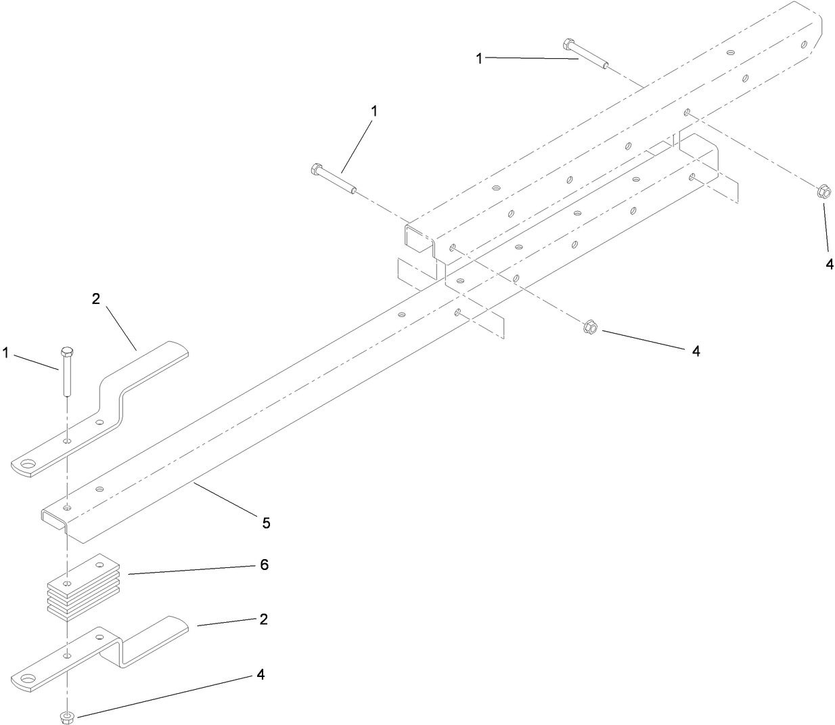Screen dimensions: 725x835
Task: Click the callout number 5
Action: click(x=266, y=523)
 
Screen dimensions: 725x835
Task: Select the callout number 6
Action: click(x=264, y=565)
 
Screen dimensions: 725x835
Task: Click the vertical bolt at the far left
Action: click(x=66, y=371)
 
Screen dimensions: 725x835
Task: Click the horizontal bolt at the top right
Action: click(x=585, y=54)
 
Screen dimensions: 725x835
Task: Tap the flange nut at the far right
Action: click(x=823, y=192)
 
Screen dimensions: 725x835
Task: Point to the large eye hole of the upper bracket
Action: click(x=28, y=465)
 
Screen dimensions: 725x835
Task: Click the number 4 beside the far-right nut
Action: click(x=830, y=264)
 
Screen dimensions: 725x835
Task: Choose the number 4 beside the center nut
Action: click(x=696, y=351)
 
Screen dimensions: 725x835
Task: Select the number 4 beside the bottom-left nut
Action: click(x=260, y=675)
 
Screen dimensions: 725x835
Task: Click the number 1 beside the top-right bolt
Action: click(x=479, y=59)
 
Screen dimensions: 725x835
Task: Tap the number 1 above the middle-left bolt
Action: click(x=374, y=110)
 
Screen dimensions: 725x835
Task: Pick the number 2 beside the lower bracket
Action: click(x=263, y=619)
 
